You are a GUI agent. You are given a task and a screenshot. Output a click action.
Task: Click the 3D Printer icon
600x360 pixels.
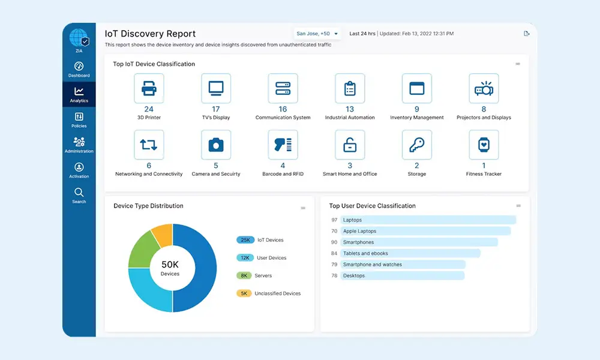[x=149, y=88]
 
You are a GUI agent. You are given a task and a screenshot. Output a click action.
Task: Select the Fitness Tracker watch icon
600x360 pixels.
[x=484, y=145]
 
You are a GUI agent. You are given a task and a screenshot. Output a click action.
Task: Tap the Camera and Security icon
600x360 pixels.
[x=216, y=145]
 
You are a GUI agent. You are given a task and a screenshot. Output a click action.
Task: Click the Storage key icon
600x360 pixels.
[x=417, y=145]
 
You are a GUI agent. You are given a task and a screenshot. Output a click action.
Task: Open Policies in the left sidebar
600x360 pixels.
[x=79, y=120]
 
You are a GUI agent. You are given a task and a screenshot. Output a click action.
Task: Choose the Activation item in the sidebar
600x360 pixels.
[x=79, y=170]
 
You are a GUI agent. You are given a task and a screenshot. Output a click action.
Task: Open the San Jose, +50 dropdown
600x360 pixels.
[x=317, y=34]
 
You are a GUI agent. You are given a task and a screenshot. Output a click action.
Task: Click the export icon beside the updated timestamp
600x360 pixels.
[x=527, y=34]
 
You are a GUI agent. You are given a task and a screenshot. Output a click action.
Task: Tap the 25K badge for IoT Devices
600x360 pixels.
[x=245, y=240]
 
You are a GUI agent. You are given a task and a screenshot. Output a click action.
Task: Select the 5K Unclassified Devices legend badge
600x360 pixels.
[x=244, y=293]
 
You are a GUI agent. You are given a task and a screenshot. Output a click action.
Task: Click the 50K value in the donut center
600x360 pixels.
[x=170, y=265]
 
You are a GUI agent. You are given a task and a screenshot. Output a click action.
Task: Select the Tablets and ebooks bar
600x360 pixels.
[x=410, y=253]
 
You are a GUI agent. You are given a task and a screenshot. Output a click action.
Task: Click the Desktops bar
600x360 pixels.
[x=402, y=275]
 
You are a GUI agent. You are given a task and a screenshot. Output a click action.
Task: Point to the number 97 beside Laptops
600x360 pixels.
[x=334, y=220]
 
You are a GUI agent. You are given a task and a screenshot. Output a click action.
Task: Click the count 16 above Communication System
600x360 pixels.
[x=283, y=109]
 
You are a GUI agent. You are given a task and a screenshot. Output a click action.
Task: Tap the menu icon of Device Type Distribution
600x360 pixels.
[x=303, y=208]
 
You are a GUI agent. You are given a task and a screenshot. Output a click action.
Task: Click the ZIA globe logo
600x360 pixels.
[x=79, y=38]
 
